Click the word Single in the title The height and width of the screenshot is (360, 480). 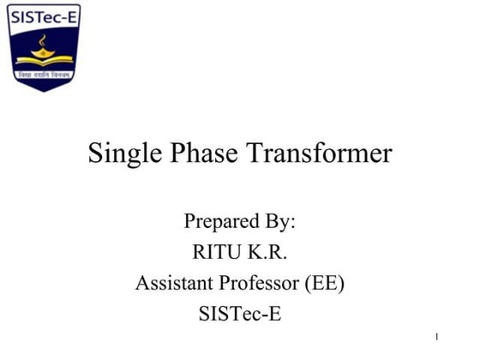point(121,154)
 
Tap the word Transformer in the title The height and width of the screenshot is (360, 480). point(321,154)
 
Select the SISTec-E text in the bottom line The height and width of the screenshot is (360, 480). point(239,315)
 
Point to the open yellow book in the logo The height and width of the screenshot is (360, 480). point(43,61)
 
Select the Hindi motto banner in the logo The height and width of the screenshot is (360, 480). point(43,75)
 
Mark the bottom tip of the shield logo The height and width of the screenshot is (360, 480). point(43,90)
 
